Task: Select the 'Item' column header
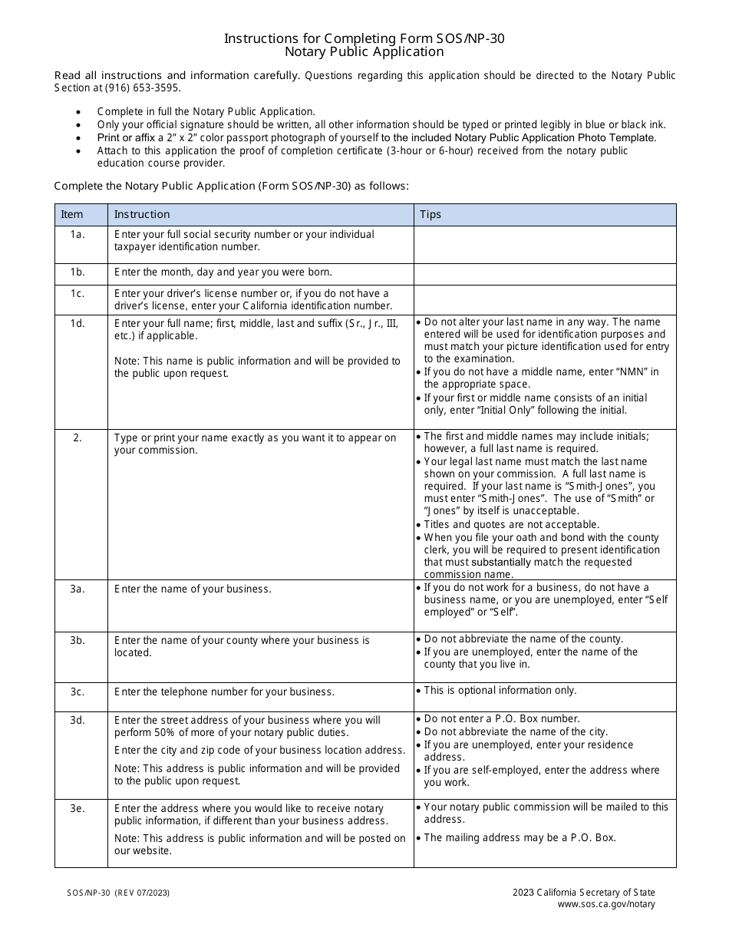72,215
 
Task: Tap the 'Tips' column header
430,215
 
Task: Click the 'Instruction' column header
142,215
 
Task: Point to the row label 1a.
78,235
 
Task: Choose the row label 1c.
78,294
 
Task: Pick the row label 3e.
78,809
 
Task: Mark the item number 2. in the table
78,438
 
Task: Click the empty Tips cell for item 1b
545,273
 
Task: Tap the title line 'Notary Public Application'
364,52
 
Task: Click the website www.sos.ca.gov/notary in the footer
606,904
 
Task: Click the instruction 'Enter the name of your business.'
193,589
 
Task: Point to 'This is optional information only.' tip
500,691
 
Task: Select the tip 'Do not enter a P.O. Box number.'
502,719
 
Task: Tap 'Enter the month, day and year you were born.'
223,272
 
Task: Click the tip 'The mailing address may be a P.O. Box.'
520,838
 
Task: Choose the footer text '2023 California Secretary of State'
584,893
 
